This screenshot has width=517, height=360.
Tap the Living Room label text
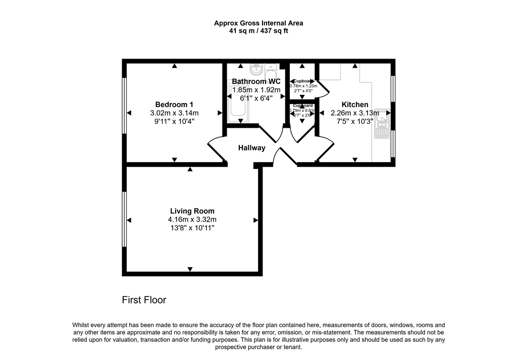[x=192, y=211]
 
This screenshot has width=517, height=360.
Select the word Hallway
[x=252, y=148]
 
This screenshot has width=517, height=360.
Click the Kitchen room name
[x=355, y=105]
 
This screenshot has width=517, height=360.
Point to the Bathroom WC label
[x=256, y=81]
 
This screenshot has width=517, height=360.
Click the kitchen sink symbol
[x=382, y=127]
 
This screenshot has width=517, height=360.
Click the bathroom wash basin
[x=255, y=67]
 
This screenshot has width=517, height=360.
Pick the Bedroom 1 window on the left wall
[x=124, y=105]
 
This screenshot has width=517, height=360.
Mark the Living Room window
[x=124, y=220]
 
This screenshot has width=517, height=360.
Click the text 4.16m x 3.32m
[x=192, y=220]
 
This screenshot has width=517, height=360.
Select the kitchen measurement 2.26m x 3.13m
[x=355, y=113]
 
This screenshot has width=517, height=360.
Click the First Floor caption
[x=144, y=300]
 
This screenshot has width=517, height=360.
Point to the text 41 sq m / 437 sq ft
[x=258, y=31]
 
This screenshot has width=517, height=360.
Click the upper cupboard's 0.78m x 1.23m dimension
[x=303, y=86]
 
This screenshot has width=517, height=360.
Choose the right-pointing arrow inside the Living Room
[x=255, y=220]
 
